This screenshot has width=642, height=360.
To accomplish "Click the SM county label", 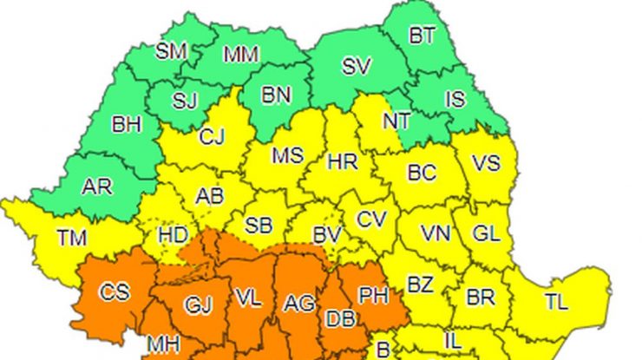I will (x=171, y=50).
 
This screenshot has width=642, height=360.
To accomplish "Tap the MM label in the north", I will (x=240, y=55).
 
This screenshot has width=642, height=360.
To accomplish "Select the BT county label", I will (x=422, y=36).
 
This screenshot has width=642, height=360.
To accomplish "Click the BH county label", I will (x=127, y=123).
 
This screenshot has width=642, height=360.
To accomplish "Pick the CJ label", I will (x=212, y=136).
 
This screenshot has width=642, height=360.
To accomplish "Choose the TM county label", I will (x=71, y=235).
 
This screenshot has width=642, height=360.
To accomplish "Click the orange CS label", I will (x=114, y=291).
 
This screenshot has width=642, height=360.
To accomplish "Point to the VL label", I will (x=247, y=300).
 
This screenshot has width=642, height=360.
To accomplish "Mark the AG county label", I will (x=298, y=304).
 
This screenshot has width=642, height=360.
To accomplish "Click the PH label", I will (x=373, y=296).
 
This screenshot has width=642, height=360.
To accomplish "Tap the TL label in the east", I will (x=556, y=302).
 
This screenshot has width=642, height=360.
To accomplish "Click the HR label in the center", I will (x=341, y=161).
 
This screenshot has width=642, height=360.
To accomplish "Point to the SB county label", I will (x=258, y=226).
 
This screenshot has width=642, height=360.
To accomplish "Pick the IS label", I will (x=455, y=99).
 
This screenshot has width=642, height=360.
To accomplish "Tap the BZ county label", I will (x=421, y=284).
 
